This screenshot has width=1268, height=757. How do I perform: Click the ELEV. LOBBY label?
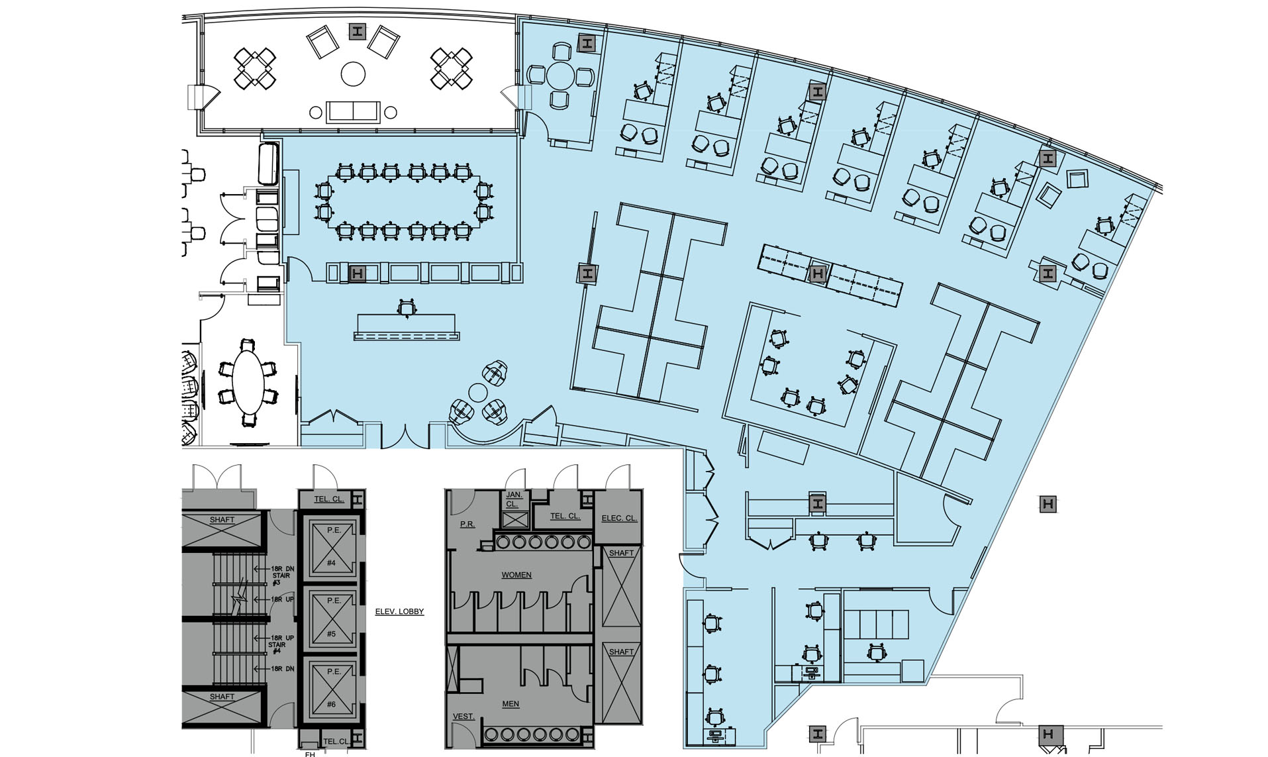click(x=399, y=611)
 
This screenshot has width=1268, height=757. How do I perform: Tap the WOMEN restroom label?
click(x=516, y=575)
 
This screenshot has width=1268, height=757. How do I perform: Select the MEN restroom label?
click(x=511, y=704)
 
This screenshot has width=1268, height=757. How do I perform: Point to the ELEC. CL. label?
click(x=619, y=518)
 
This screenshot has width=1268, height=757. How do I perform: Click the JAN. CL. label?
click(x=514, y=499)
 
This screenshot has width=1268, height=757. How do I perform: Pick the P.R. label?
click(x=467, y=524)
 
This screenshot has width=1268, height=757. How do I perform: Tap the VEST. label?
click(x=463, y=717)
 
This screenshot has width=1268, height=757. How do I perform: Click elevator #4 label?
click(x=331, y=563)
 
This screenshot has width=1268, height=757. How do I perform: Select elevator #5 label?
click(x=331, y=634)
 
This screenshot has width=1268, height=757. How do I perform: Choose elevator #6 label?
click(x=331, y=704)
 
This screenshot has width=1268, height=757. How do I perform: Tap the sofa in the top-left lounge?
click(x=353, y=111)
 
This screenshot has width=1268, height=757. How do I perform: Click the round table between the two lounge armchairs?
click(x=353, y=73)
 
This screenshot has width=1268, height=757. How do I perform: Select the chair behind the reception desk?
click(x=407, y=307)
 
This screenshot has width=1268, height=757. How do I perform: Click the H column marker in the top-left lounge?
click(x=358, y=30)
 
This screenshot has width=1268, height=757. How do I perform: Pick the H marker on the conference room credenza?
click(x=357, y=273)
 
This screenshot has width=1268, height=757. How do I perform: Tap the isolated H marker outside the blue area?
click(x=1048, y=504)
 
